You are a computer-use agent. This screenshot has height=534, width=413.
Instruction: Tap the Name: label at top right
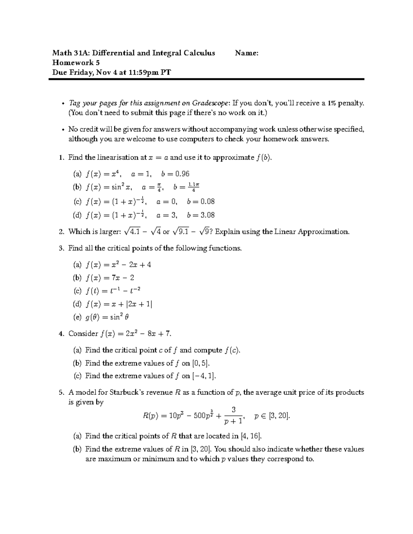pyautogui.click(x=246, y=53)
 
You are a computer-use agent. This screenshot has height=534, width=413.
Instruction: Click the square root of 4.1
pyautogui.click(x=132, y=232)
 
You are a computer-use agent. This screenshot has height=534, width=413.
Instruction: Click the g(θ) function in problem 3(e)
pyautogui.click(x=92, y=317)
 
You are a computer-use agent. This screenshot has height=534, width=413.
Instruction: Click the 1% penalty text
pyautogui.click(x=345, y=103)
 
